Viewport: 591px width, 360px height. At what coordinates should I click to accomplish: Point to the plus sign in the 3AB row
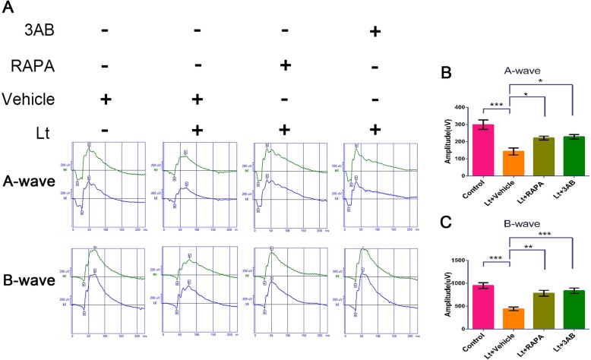(x=374, y=33)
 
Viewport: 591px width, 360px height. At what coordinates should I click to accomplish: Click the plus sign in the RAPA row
(x=286, y=65)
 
